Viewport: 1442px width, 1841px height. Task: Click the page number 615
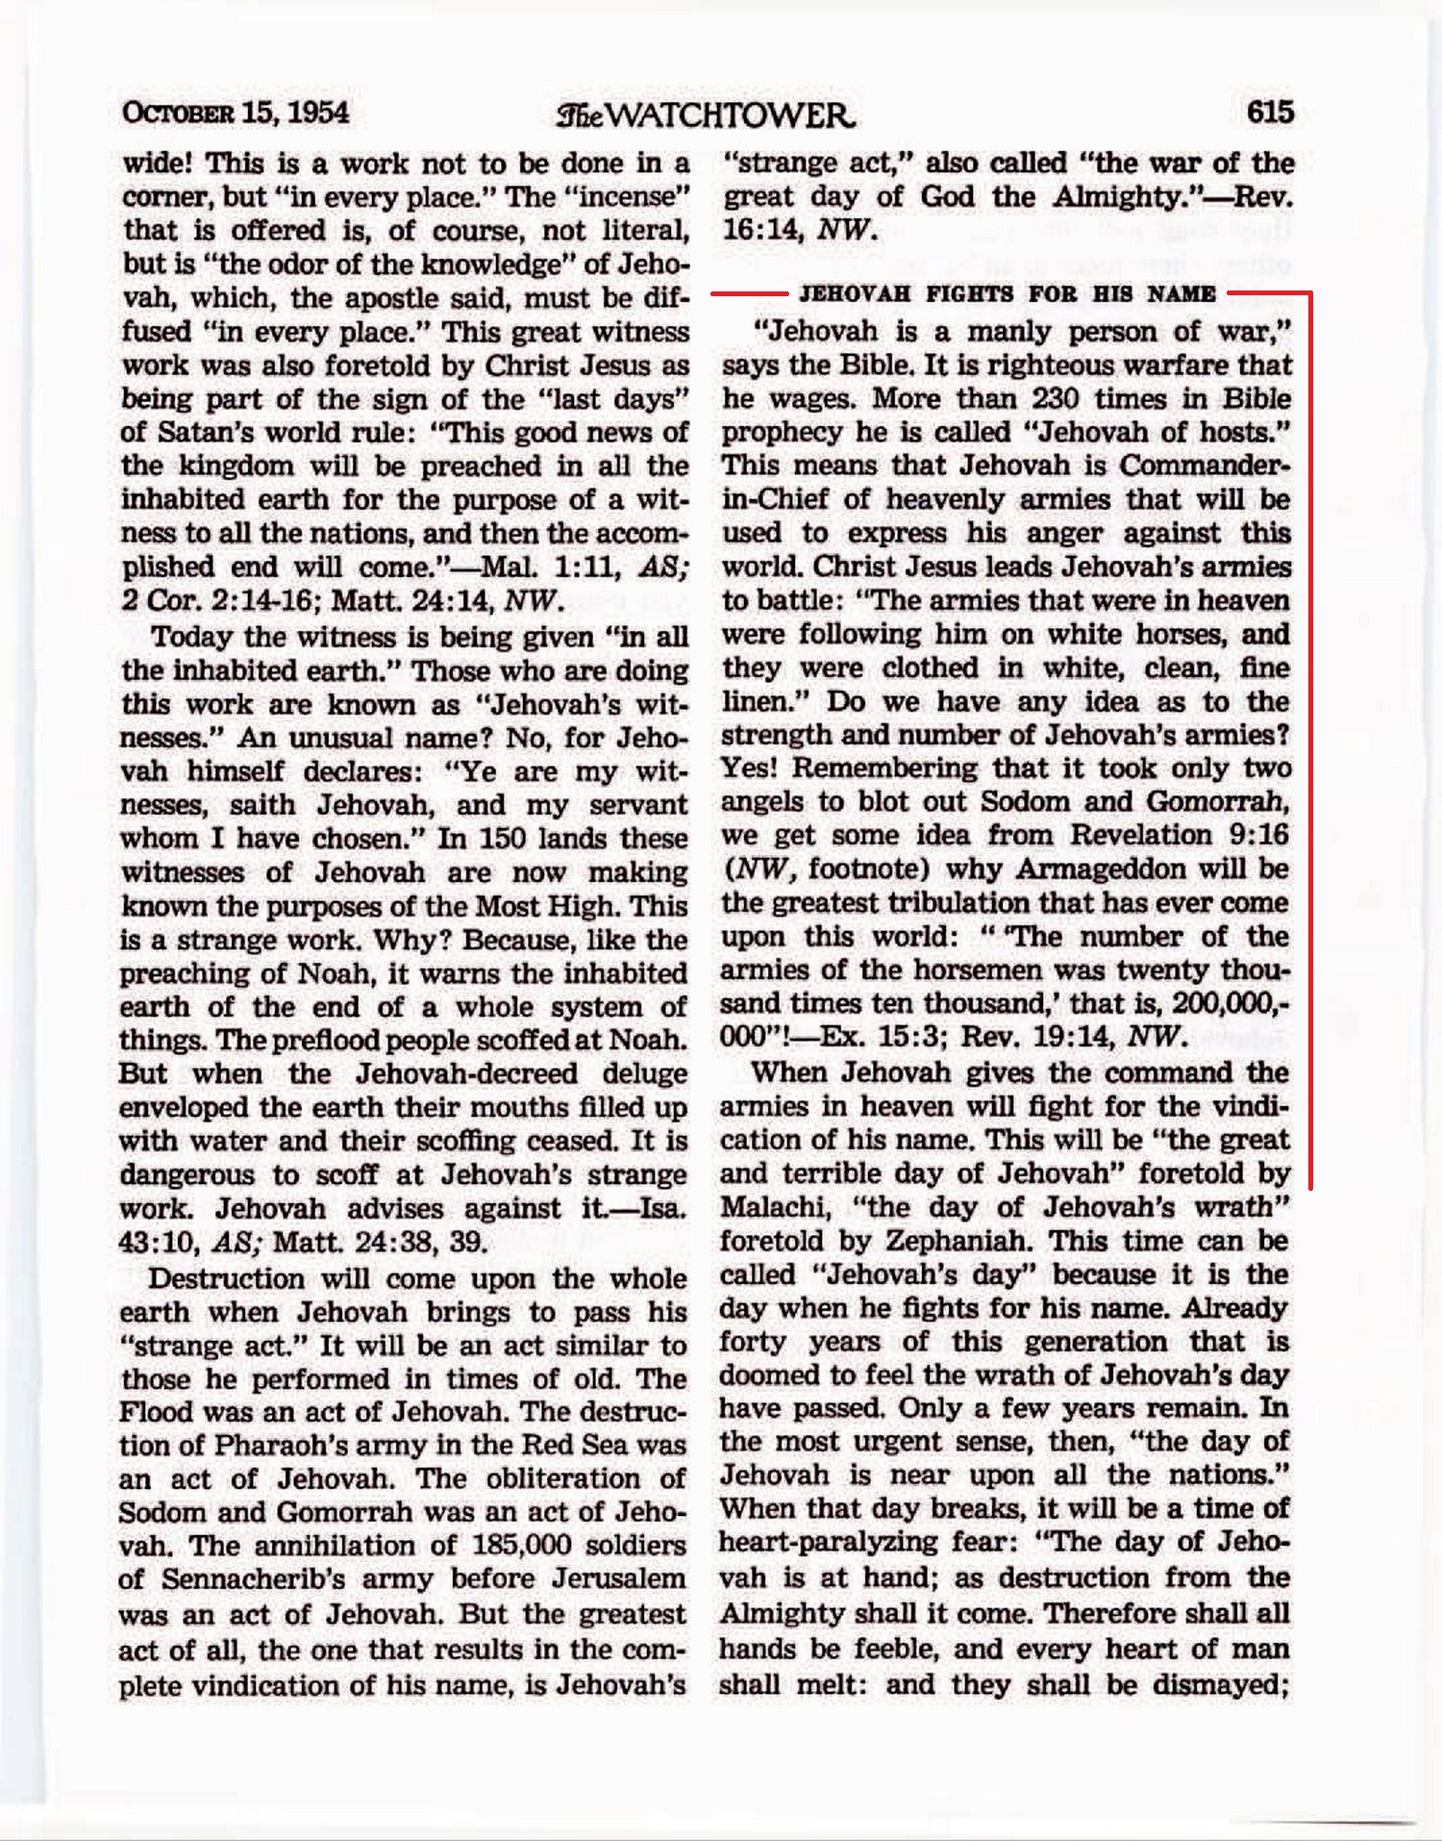point(1270,113)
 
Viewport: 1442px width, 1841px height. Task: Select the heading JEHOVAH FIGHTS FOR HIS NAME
point(1007,293)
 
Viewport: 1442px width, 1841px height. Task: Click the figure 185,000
point(522,1545)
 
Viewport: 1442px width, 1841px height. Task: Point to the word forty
point(753,1341)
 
